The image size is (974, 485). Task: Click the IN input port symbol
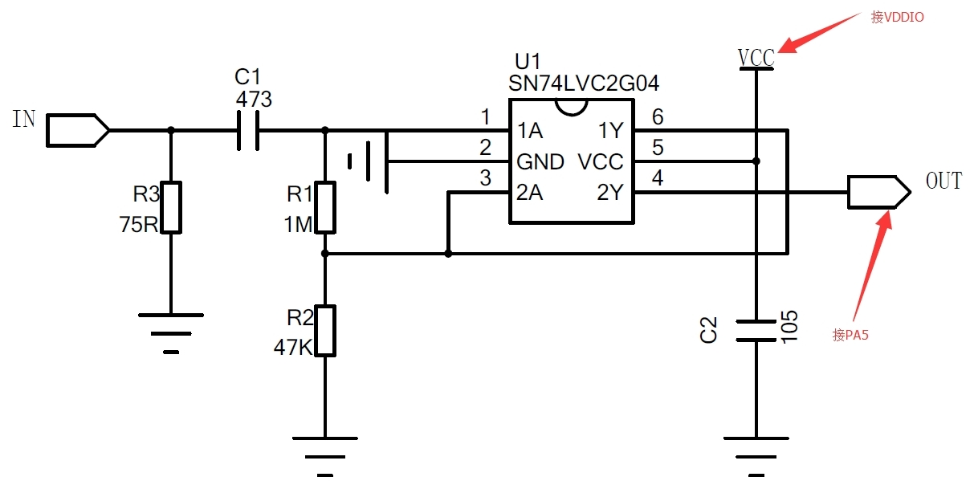click(x=77, y=130)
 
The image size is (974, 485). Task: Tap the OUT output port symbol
click(x=878, y=192)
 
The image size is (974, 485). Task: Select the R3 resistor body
click(x=171, y=207)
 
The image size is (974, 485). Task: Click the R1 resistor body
click(x=325, y=207)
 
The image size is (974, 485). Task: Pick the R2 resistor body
click(x=325, y=331)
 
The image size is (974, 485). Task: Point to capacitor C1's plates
click(x=248, y=131)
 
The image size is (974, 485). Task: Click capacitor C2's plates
click(x=756, y=331)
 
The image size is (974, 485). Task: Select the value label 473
click(x=254, y=100)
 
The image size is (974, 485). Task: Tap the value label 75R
click(x=139, y=225)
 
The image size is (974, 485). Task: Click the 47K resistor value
click(x=293, y=348)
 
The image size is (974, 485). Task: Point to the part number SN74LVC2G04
click(x=584, y=83)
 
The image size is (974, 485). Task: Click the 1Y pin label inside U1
click(x=611, y=131)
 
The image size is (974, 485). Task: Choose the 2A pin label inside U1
click(x=530, y=192)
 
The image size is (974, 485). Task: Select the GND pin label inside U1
click(x=540, y=162)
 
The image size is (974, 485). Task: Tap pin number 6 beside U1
click(x=658, y=116)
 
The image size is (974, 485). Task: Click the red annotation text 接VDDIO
click(x=898, y=17)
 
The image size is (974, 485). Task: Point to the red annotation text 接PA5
click(x=850, y=335)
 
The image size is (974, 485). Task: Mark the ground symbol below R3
click(x=171, y=333)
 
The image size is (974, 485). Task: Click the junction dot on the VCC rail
click(x=756, y=161)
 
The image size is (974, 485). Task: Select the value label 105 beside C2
click(x=789, y=327)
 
